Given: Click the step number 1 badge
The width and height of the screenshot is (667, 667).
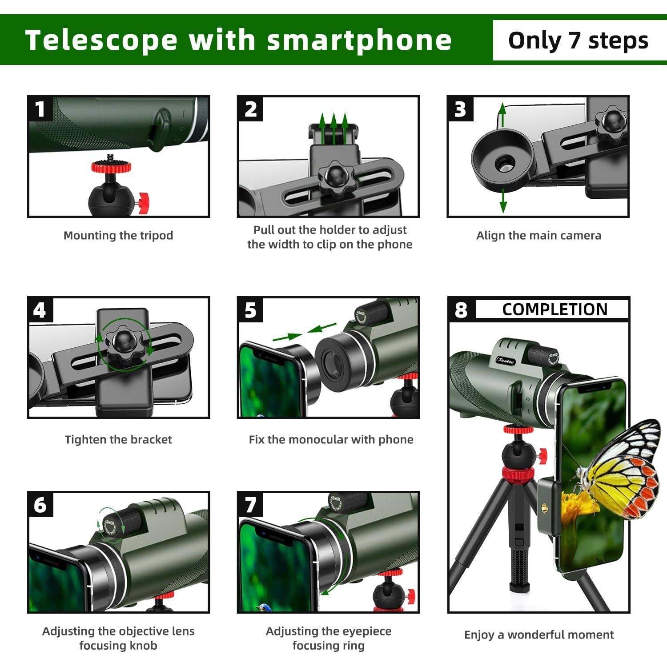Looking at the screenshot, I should click(40, 109).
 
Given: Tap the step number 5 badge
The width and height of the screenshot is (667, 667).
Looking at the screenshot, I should click(250, 310).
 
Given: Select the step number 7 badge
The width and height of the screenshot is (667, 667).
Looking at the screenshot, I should click(250, 505).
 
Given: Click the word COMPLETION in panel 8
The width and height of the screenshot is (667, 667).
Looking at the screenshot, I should click(554, 309).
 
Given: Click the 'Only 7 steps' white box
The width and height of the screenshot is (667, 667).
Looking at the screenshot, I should click(578, 40).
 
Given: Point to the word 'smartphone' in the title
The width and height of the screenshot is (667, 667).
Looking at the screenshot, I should click(359, 40).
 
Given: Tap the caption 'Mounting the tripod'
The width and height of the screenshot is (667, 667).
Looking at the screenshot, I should click(118, 235).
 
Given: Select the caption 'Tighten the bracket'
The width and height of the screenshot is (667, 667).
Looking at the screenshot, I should click(118, 439).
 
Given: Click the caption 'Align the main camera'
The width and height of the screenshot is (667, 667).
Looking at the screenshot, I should click(538, 235).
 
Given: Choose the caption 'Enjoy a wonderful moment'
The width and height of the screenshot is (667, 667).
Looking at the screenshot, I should click(538, 635).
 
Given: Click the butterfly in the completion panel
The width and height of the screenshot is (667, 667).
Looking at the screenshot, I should click(623, 471).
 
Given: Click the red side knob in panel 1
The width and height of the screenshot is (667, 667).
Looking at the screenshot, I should click(144, 202).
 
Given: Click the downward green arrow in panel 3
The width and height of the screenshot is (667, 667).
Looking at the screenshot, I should click(503, 202).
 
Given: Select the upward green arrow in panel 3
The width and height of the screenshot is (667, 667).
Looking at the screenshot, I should click(502, 113).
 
